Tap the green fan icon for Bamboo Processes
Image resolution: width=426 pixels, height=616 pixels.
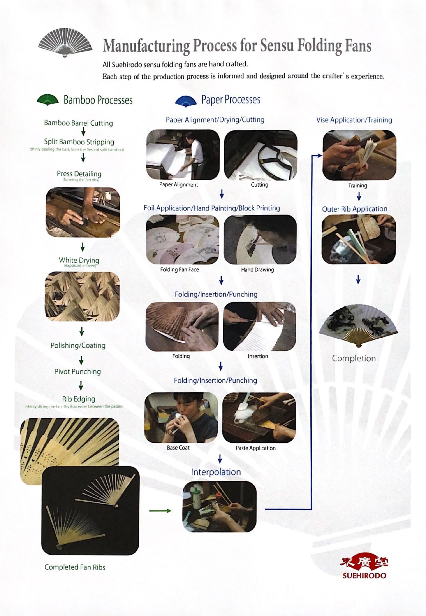[48, 100]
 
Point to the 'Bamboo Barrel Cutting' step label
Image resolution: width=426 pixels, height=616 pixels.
[78, 123]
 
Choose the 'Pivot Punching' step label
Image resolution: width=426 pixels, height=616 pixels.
[78, 371]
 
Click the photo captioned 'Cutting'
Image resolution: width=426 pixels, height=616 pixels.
[261, 154]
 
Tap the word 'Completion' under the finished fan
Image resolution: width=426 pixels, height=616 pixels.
[354, 358]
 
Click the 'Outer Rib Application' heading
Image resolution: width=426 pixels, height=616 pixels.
[354, 209]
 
